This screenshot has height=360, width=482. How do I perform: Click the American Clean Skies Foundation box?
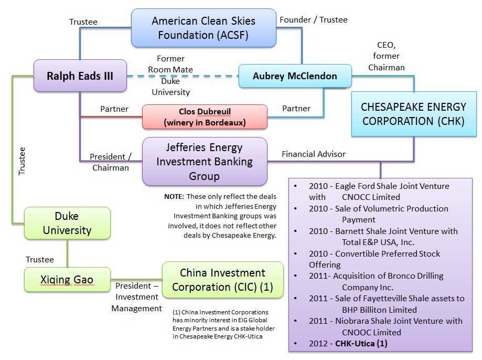pos(203,28)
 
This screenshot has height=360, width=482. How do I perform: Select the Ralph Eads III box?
pos(80,76)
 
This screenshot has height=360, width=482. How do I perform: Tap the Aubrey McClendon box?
pos(295,76)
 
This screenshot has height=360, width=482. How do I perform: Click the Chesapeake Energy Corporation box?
pos(413,113)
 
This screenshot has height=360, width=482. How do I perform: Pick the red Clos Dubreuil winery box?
pos(205,117)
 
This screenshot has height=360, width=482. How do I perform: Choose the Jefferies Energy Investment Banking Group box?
pos(205,162)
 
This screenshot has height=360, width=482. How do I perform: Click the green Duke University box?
pos(67,223)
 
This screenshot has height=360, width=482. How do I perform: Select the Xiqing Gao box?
pos(67,280)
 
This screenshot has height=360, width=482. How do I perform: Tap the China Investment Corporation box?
pos(223,280)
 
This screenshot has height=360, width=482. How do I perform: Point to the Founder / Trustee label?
pos(314,20)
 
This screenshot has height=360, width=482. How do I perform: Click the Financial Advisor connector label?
pos(314,154)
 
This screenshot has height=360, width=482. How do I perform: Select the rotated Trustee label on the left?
pos(22,161)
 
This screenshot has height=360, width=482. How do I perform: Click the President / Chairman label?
pos(111,162)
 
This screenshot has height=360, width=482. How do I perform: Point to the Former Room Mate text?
pos(170,64)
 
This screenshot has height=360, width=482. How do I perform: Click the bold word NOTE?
pos(174,196)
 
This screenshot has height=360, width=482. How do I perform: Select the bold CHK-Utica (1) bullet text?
pos(361,344)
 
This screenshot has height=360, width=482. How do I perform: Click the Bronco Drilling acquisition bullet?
pos(376,281)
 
